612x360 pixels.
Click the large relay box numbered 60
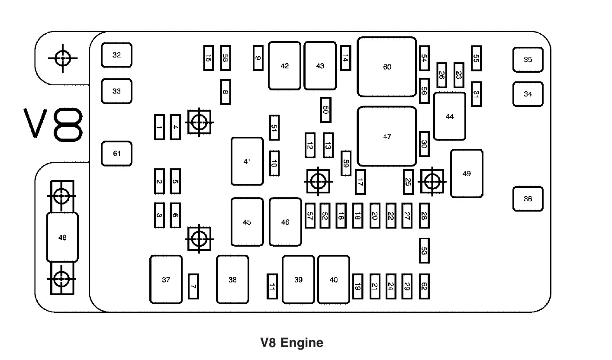(x=387, y=67)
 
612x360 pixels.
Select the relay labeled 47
(x=387, y=136)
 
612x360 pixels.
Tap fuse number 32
(x=116, y=55)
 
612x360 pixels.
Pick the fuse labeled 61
(x=116, y=154)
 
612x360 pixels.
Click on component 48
(x=62, y=237)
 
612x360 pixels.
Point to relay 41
(x=247, y=161)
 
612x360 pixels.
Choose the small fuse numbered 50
(x=325, y=110)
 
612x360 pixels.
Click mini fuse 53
(x=424, y=251)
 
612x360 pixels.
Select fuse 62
(x=424, y=286)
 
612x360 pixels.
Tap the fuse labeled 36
(x=528, y=199)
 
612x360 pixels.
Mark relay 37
(x=166, y=280)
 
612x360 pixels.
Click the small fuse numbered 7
(x=193, y=286)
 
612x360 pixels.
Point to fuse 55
(x=476, y=58)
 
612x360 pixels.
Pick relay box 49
(x=467, y=174)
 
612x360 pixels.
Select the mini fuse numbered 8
(x=225, y=92)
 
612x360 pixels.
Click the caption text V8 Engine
(x=292, y=343)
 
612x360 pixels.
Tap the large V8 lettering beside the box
(x=54, y=125)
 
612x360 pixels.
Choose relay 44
(x=450, y=116)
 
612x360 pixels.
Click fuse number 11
(x=272, y=286)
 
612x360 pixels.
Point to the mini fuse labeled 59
(x=345, y=164)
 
